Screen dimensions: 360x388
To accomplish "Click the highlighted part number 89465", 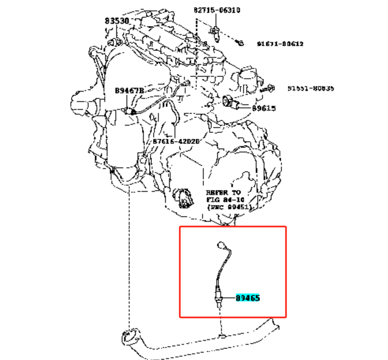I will (248, 297).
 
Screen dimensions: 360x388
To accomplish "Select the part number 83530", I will (116, 21).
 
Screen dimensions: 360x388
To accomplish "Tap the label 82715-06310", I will (217, 10).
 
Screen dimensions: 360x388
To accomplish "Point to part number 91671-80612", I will (280, 44).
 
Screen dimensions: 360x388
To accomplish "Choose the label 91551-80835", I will (310, 89).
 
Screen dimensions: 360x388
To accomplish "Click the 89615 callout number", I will (263, 108).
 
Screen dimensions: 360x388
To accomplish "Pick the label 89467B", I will (129, 91).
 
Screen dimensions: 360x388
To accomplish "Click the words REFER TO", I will (223, 193).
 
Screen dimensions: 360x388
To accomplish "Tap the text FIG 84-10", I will (225, 200).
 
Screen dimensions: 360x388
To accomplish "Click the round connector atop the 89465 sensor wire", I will (220, 244).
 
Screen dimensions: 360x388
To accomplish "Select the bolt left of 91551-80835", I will (270, 88).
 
